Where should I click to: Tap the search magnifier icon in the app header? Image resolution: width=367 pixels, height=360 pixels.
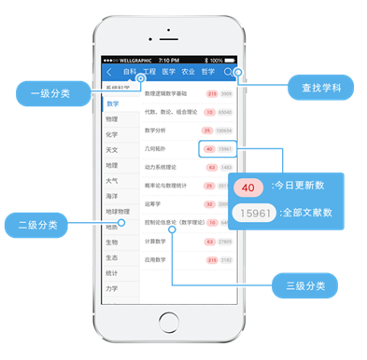click(228, 72)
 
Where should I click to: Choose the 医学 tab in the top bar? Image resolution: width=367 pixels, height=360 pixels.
click(168, 72)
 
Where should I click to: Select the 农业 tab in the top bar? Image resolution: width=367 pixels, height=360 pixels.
click(188, 72)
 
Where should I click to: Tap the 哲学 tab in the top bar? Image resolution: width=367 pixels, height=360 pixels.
click(207, 72)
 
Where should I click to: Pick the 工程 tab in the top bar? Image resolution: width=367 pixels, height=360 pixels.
click(148, 72)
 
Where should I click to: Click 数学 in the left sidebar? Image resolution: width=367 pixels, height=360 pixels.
click(114, 104)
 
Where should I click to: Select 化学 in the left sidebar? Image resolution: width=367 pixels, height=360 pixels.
click(112, 134)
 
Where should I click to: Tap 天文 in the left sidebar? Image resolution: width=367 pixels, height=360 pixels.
click(112, 149)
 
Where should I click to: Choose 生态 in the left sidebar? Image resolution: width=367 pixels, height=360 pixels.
click(112, 258)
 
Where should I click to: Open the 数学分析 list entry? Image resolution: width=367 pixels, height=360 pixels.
click(157, 130)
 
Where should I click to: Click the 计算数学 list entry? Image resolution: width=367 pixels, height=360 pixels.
click(156, 242)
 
